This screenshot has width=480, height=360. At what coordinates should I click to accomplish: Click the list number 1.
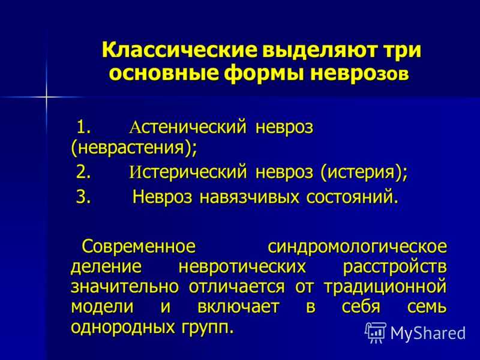tap(83, 127)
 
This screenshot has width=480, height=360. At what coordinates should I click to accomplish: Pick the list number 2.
tap(83, 172)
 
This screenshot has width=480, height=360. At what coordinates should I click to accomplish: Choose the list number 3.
tap(83, 197)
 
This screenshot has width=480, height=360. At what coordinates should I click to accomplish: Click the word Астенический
tap(188, 127)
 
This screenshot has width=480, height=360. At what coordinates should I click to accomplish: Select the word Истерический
tap(188, 172)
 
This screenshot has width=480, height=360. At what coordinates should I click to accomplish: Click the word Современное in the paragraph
tap(139, 247)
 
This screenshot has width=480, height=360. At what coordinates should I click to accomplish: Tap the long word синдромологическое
tap(357, 247)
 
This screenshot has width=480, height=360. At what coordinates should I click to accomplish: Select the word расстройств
tap(395, 267)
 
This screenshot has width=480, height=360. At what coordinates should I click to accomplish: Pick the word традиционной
tap(385, 287)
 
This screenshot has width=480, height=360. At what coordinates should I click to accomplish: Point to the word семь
tap(427, 307)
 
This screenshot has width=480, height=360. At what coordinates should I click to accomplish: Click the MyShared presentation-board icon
tap(375, 332)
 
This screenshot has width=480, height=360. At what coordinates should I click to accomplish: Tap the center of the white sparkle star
tap(47, 97)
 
